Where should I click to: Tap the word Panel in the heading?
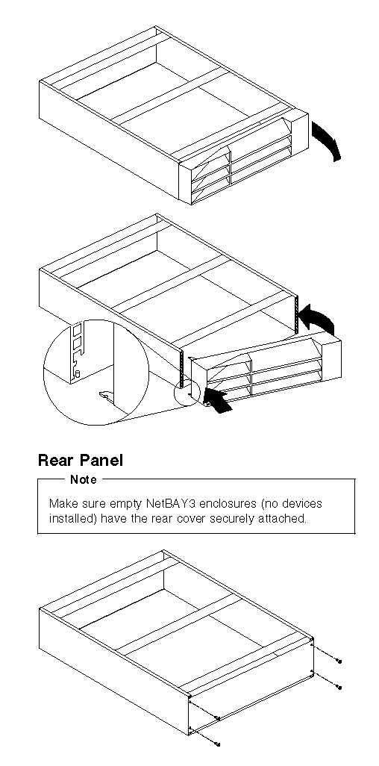[101, 460]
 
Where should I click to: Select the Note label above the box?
[84, 480]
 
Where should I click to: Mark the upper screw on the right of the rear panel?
[339, 661]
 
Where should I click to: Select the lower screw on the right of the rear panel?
[339, 688]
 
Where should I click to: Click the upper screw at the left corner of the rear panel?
[219, 718]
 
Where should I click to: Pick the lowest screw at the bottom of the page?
[218, 744]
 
